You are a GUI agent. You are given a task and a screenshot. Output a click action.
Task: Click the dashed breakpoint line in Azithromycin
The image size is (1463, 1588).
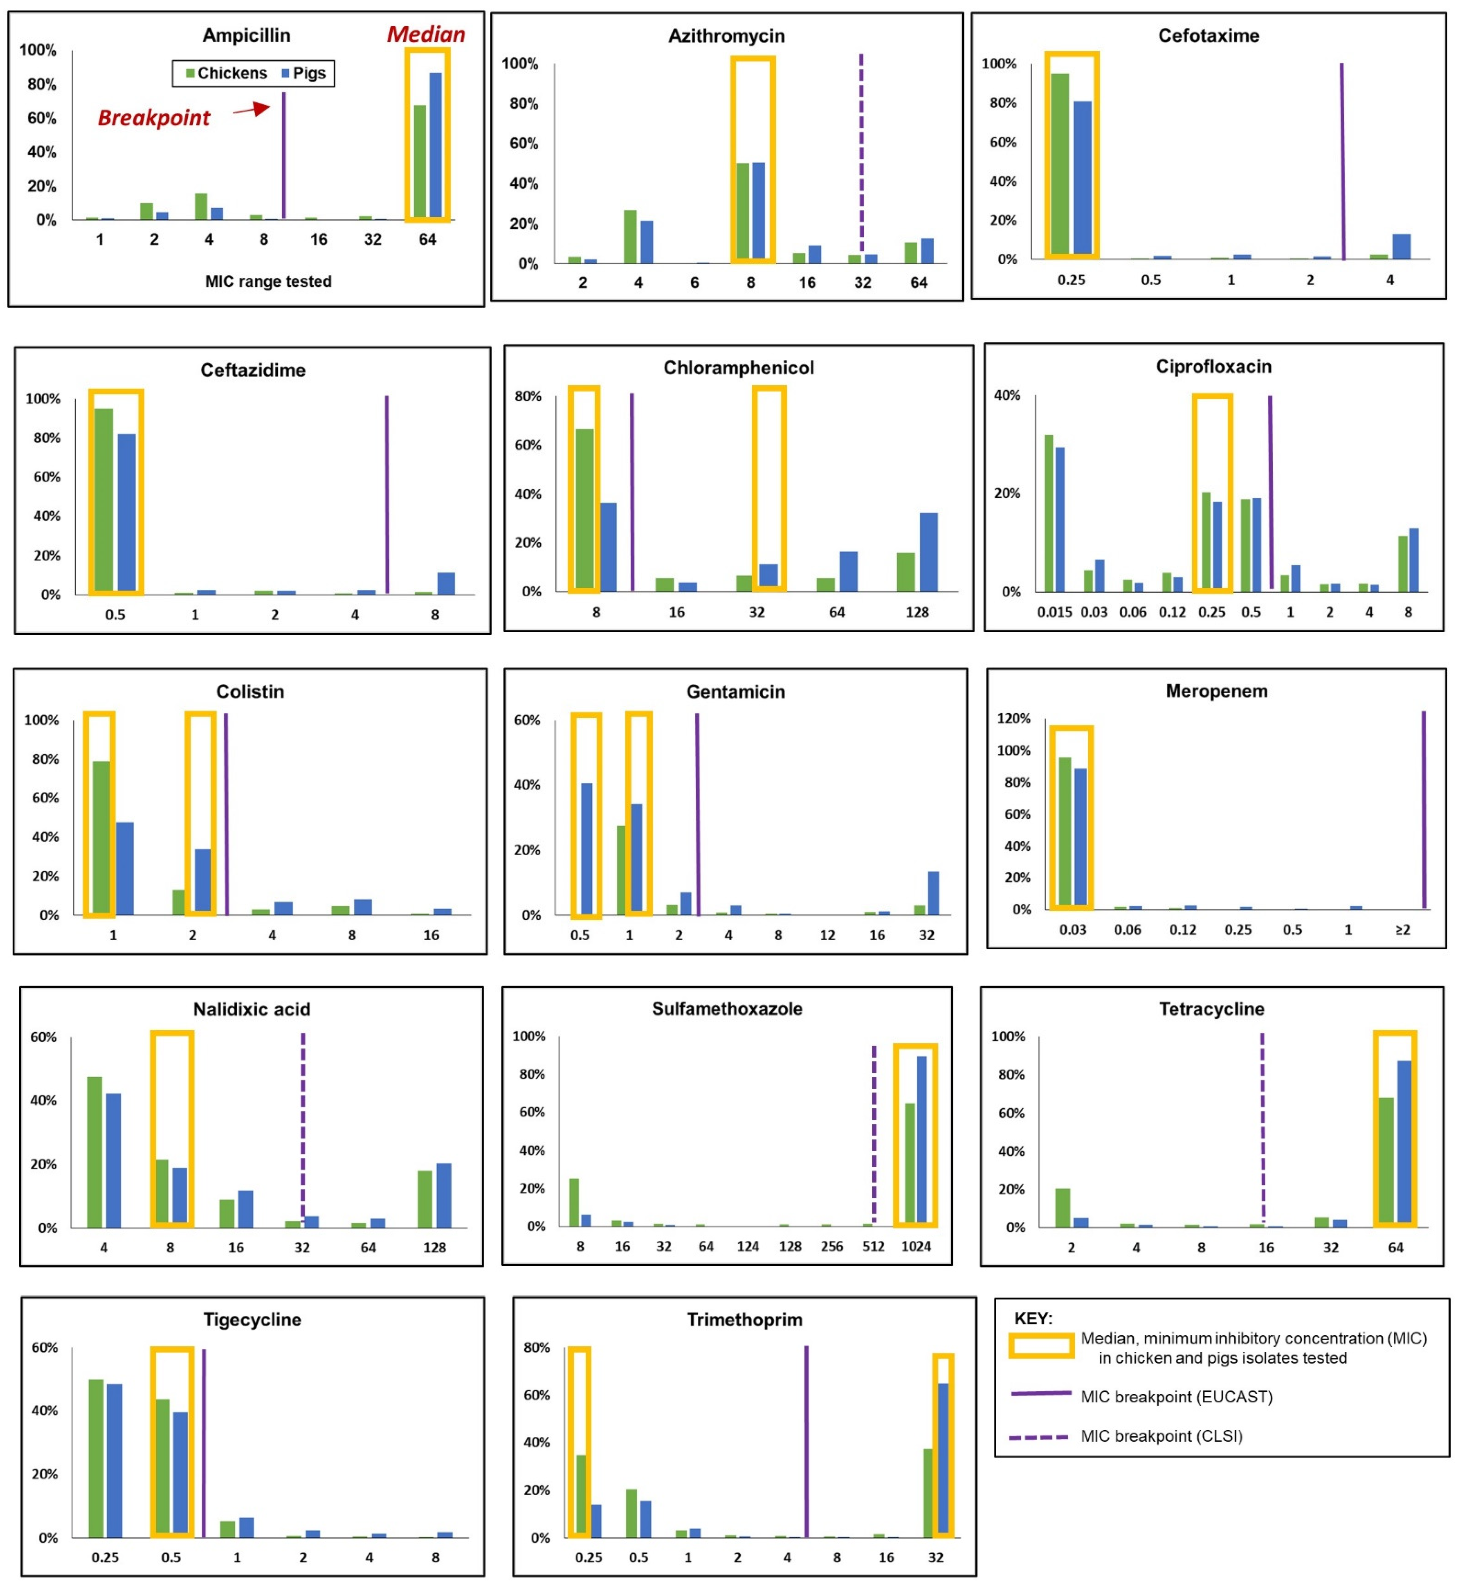(x=861, y=150)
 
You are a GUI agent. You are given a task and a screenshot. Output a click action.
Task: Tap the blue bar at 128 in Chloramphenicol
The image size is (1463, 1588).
(x=929, y=553)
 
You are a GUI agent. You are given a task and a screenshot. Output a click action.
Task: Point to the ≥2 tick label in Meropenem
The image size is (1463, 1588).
(x=1402, y=929)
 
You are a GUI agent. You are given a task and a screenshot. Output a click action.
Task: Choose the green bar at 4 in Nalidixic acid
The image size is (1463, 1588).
(x=94, y=1152)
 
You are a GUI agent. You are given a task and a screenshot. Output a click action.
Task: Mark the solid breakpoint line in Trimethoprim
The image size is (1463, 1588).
(x=807, y=1441)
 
